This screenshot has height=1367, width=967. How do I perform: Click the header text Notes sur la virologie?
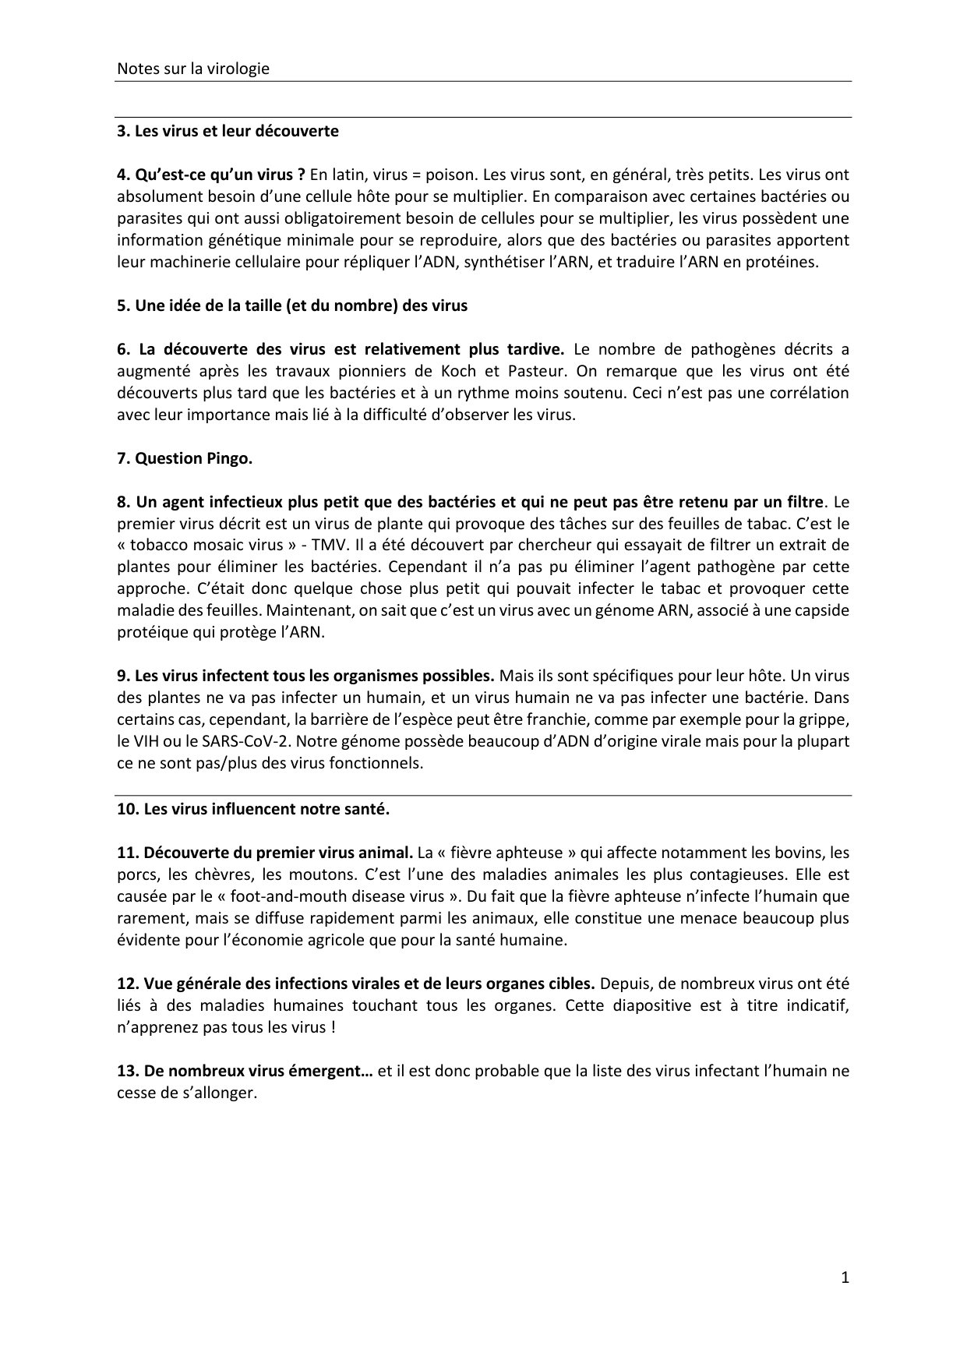(192, 69)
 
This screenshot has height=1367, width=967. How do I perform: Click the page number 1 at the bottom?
(845, 1277)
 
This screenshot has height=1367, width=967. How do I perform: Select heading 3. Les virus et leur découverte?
(228, 131)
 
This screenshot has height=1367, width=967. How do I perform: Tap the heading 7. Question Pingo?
(185, 458)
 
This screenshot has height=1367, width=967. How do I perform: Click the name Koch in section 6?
(458, 371)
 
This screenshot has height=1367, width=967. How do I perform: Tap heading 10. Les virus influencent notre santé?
(252, 809)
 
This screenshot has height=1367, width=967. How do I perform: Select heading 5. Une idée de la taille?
(291, 306)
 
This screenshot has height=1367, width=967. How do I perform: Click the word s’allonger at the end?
(221, 1093)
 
